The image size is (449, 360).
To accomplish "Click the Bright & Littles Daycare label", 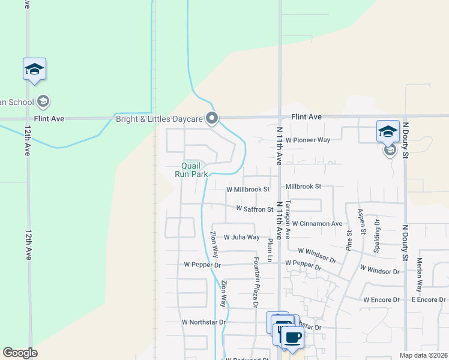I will pos(159,119).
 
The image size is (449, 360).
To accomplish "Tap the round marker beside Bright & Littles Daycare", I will pos(211,119).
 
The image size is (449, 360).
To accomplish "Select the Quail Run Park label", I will pos(191,170).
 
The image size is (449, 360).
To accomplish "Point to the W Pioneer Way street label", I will pos(308,140).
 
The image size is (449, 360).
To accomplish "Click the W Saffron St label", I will pos(255,209).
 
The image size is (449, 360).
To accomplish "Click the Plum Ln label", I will pos(271,251).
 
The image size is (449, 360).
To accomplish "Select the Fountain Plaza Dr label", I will pos(256,282).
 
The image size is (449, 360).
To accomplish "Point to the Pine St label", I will pos(349,239).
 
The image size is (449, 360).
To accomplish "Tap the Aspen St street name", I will pos(363,221).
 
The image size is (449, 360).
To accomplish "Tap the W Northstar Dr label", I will pos(203,322).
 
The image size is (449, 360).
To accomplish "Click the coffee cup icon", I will pos(292,337).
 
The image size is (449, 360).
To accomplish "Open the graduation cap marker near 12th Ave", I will pos(34,70).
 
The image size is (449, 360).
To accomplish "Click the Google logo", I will pos(20,353).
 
